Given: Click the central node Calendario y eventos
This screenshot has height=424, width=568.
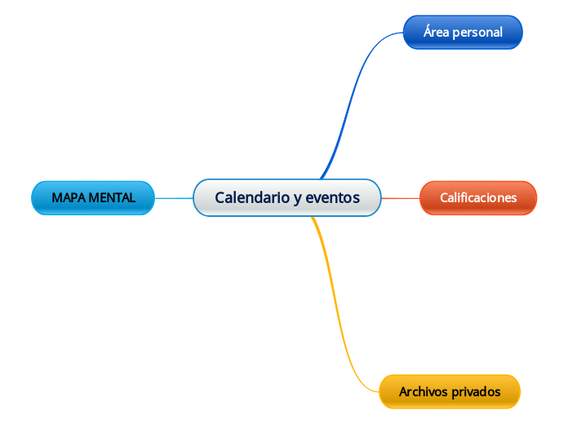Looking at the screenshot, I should coord(287,197).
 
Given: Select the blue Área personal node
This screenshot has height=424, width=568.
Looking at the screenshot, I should coord(463,33).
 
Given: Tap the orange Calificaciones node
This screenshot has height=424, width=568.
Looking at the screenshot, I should coord(478,198).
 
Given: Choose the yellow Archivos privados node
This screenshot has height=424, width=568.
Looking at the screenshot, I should coord(450,392).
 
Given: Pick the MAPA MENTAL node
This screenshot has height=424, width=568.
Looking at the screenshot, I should coord(93,198).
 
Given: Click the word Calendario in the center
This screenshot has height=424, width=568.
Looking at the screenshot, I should coord(251,197).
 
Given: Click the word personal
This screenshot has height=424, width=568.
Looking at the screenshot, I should coord(478,33).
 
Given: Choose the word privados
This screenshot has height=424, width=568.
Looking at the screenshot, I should coord(475,392).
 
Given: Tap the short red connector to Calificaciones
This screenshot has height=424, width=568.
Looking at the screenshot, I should coord(401,198).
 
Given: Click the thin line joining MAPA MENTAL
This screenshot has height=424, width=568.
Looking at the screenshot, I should coord(174,198).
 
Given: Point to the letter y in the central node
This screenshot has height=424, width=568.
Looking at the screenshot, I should coord(298,198).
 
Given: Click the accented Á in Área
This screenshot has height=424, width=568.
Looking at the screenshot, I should coord(428,32).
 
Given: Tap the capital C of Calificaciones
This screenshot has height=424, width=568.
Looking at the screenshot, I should coord(444,198).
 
